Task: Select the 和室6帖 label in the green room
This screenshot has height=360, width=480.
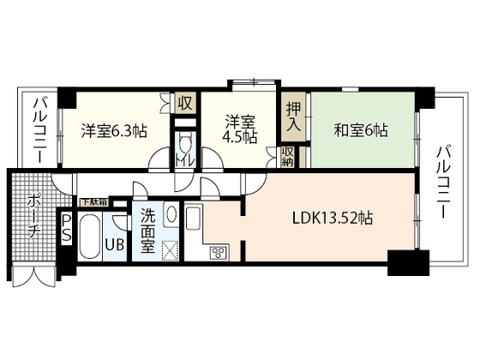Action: tap(360, 131)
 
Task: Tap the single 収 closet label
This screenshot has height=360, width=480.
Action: tap(184, 102)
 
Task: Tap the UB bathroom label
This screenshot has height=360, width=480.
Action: tap(115, 244)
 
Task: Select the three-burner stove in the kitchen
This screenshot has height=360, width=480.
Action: tap(218, 251)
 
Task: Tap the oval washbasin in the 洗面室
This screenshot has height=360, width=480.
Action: tap(171, 214)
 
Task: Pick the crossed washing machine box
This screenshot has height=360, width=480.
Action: tap(171, 249)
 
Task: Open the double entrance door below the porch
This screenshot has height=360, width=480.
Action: tap(33, 279)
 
